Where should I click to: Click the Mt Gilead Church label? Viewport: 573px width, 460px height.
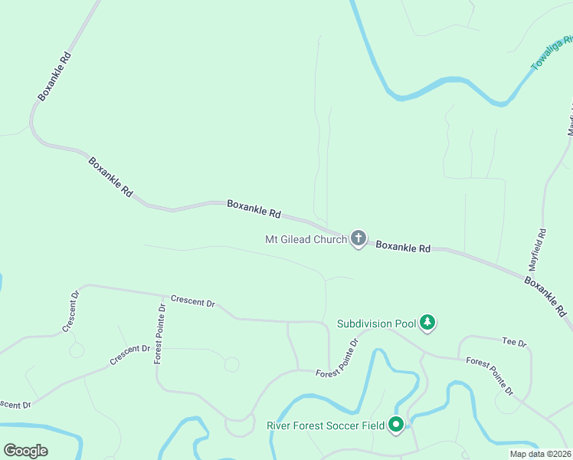(306, 239)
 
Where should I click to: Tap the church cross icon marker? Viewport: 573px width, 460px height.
(358, 238)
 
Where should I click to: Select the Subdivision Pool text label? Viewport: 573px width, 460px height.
(376, 324)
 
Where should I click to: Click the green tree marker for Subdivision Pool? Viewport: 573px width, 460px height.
(428, 323)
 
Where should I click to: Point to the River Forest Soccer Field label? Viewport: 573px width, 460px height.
(325, 426)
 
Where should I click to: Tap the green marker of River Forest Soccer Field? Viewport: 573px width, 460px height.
(396, 424)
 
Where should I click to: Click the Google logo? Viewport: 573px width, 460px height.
(25, 451)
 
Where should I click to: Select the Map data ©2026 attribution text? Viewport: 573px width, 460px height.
(540, 454)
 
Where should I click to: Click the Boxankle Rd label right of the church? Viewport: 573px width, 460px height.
(403, 247)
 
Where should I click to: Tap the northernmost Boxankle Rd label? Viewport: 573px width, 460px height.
(55, 77)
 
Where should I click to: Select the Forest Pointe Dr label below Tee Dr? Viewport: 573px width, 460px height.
(489, 376)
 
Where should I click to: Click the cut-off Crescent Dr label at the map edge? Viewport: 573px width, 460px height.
(14, 404)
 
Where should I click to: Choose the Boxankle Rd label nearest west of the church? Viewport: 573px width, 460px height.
(254, 209)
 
